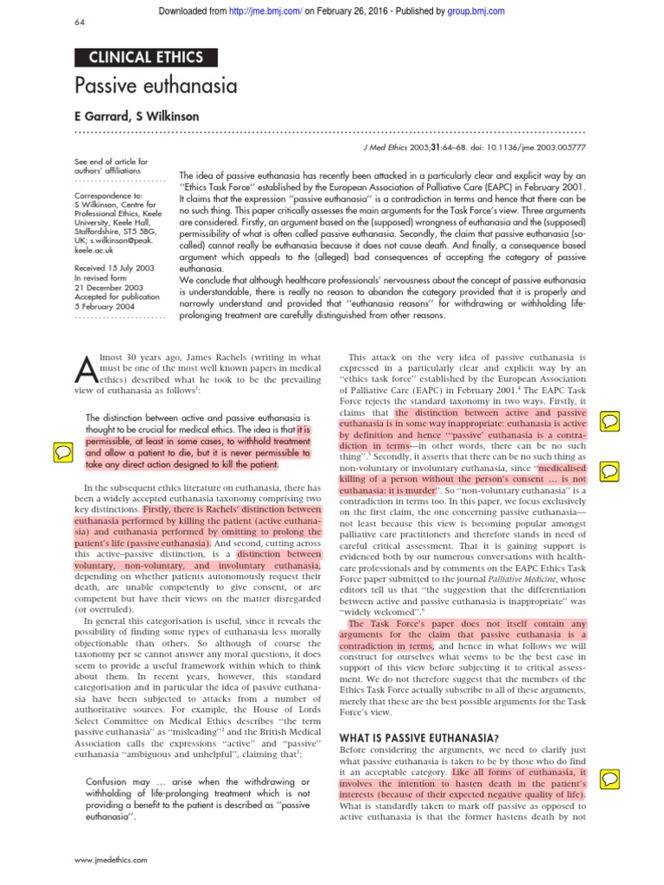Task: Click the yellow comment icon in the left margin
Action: (63, 450)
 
